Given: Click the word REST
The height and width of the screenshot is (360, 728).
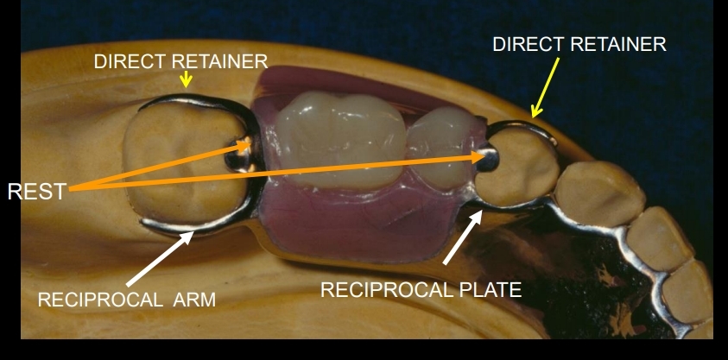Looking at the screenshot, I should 37,192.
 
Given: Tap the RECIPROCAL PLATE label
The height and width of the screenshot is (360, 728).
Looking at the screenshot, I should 421,290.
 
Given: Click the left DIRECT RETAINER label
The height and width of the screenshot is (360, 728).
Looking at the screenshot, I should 180,62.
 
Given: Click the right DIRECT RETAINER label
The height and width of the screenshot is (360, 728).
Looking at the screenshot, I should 579,45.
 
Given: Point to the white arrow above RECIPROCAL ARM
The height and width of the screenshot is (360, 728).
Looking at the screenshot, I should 159,258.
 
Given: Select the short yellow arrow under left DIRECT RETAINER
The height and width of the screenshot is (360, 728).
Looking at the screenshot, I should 185,80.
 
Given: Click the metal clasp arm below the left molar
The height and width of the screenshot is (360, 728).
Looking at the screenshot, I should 190,227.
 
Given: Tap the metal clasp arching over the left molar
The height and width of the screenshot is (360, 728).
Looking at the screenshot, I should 194,101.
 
